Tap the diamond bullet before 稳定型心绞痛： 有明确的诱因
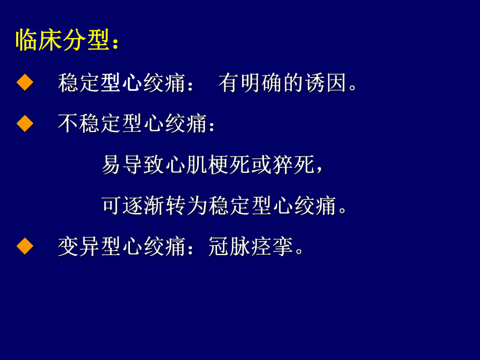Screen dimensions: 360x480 pyautogui.click(x=25, y=83)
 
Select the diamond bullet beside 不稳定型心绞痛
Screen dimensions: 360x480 pyautogui.click(x=25, y=124)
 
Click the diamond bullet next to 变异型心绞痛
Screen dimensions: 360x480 pyautogui.click(x=25, y=247)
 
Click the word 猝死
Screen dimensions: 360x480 pyautogui.click(x=293, y=165)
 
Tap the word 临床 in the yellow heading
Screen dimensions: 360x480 pyautogui.click(x=37, y=41)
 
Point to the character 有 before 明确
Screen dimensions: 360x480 pyautogui.click(x=229, y=83)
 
